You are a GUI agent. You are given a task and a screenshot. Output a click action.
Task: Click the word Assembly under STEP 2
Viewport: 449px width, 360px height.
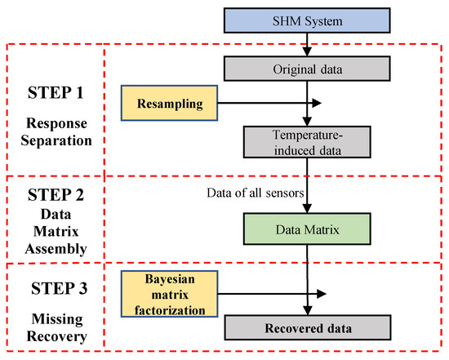56,243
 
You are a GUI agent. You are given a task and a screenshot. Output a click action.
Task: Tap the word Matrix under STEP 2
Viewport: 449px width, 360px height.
56,227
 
